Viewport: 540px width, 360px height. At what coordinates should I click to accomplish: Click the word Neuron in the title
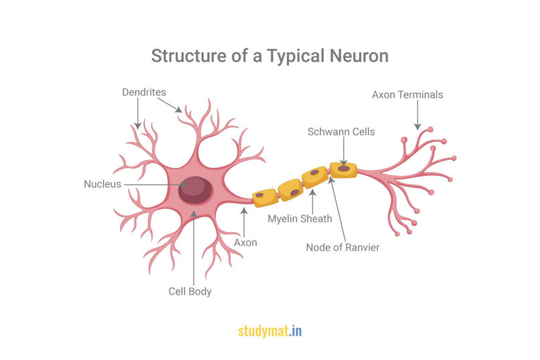point(359,56)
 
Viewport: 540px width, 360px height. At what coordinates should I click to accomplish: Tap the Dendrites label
point(144,92)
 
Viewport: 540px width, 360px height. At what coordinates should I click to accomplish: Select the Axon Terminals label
point(407,95)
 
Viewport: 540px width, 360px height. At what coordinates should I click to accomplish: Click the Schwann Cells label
point(341,132)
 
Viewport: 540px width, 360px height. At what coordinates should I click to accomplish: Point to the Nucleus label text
point(103,184)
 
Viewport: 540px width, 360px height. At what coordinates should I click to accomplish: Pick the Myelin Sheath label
point(300,219)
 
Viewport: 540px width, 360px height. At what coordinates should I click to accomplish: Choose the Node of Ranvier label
point(342,247)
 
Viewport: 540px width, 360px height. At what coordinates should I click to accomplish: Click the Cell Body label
point(190,291)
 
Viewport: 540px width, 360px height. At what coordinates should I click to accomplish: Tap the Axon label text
point(245,243)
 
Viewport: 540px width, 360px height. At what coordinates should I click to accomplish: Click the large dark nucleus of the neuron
point(195,190)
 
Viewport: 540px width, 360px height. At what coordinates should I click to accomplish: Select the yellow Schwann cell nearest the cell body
point(265,198)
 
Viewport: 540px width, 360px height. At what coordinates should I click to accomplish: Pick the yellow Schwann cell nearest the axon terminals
point(343,170)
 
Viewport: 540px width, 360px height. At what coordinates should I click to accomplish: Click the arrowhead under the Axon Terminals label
point(418,127)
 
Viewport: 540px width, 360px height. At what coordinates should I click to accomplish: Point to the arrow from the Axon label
point(244,222)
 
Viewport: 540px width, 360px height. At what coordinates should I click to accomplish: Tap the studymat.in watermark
point(270,331)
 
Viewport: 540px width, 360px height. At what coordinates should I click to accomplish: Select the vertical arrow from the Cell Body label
point(194,248)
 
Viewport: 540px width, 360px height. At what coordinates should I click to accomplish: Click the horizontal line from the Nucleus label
point(155,185)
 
